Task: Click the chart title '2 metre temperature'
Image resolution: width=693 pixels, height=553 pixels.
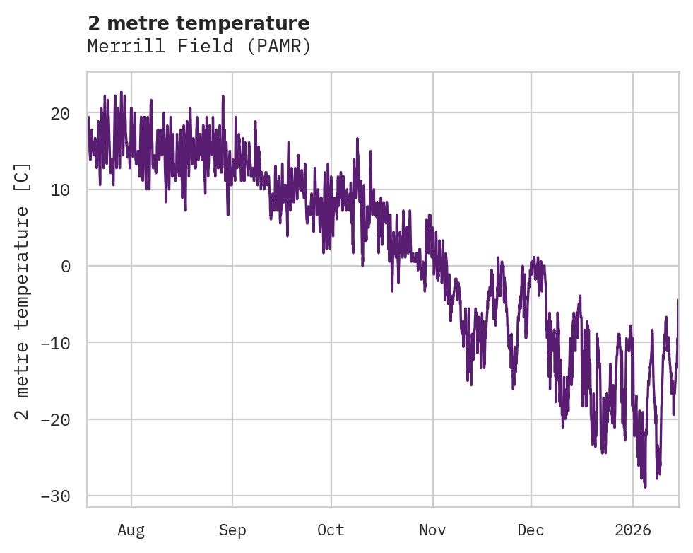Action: click(x=199, y=23)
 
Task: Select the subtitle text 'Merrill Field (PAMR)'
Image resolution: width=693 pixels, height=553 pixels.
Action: click(x=199, y=47)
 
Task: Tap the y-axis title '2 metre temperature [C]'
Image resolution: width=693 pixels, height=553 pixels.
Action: click(x=23, y=290)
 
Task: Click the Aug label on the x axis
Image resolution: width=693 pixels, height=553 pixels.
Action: click(x=131, y=530)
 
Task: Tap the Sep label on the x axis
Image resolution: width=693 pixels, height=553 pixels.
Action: click(x=232, y=530)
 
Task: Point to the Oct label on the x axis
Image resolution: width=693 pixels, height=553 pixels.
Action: click(x=331, y=530)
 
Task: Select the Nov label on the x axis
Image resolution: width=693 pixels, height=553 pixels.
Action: click(x=432, y=530)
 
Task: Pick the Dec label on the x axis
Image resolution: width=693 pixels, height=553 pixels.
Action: click(x=531, y=530)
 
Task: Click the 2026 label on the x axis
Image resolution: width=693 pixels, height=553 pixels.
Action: click(x=632, y=530)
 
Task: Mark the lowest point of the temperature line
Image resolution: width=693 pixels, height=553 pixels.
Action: click(x=645, y=487)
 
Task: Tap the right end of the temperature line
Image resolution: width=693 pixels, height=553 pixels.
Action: click(x=678, y=301)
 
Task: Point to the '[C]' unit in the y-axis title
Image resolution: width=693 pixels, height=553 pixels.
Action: click(x=23, y=177)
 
